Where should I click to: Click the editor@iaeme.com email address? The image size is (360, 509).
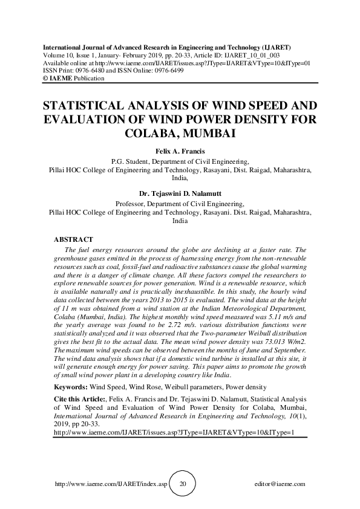pos(281,484)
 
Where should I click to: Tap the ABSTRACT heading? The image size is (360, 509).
pos(73,240)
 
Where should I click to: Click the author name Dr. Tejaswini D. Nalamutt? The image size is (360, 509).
pos(180,195)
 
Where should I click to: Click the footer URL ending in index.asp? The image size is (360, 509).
pos(110,484)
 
